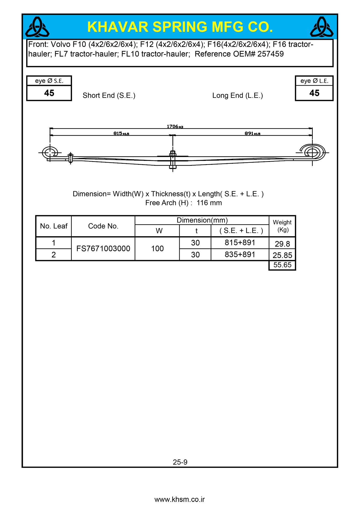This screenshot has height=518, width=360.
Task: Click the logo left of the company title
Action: coord(37,27)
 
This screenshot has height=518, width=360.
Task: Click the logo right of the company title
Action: coord(322,27)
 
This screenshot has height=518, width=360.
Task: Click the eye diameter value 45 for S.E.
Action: coord(49,93)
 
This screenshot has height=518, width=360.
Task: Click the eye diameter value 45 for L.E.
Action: coord(314,93)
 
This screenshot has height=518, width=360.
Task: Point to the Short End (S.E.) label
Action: coord(109,96)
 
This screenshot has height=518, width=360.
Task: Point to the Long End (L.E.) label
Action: coord(237,96)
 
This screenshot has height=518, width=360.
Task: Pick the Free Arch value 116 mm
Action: coord(209,203)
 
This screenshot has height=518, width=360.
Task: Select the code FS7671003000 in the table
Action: coord(103,249)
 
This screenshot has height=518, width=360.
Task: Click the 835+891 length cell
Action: coord(240,255)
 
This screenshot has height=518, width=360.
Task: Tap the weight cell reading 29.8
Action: coord(282,244)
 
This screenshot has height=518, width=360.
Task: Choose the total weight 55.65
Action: coord(282,265)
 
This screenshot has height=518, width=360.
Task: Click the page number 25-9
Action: coord(180,462)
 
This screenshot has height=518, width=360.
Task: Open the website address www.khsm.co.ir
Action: coord(180,499)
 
